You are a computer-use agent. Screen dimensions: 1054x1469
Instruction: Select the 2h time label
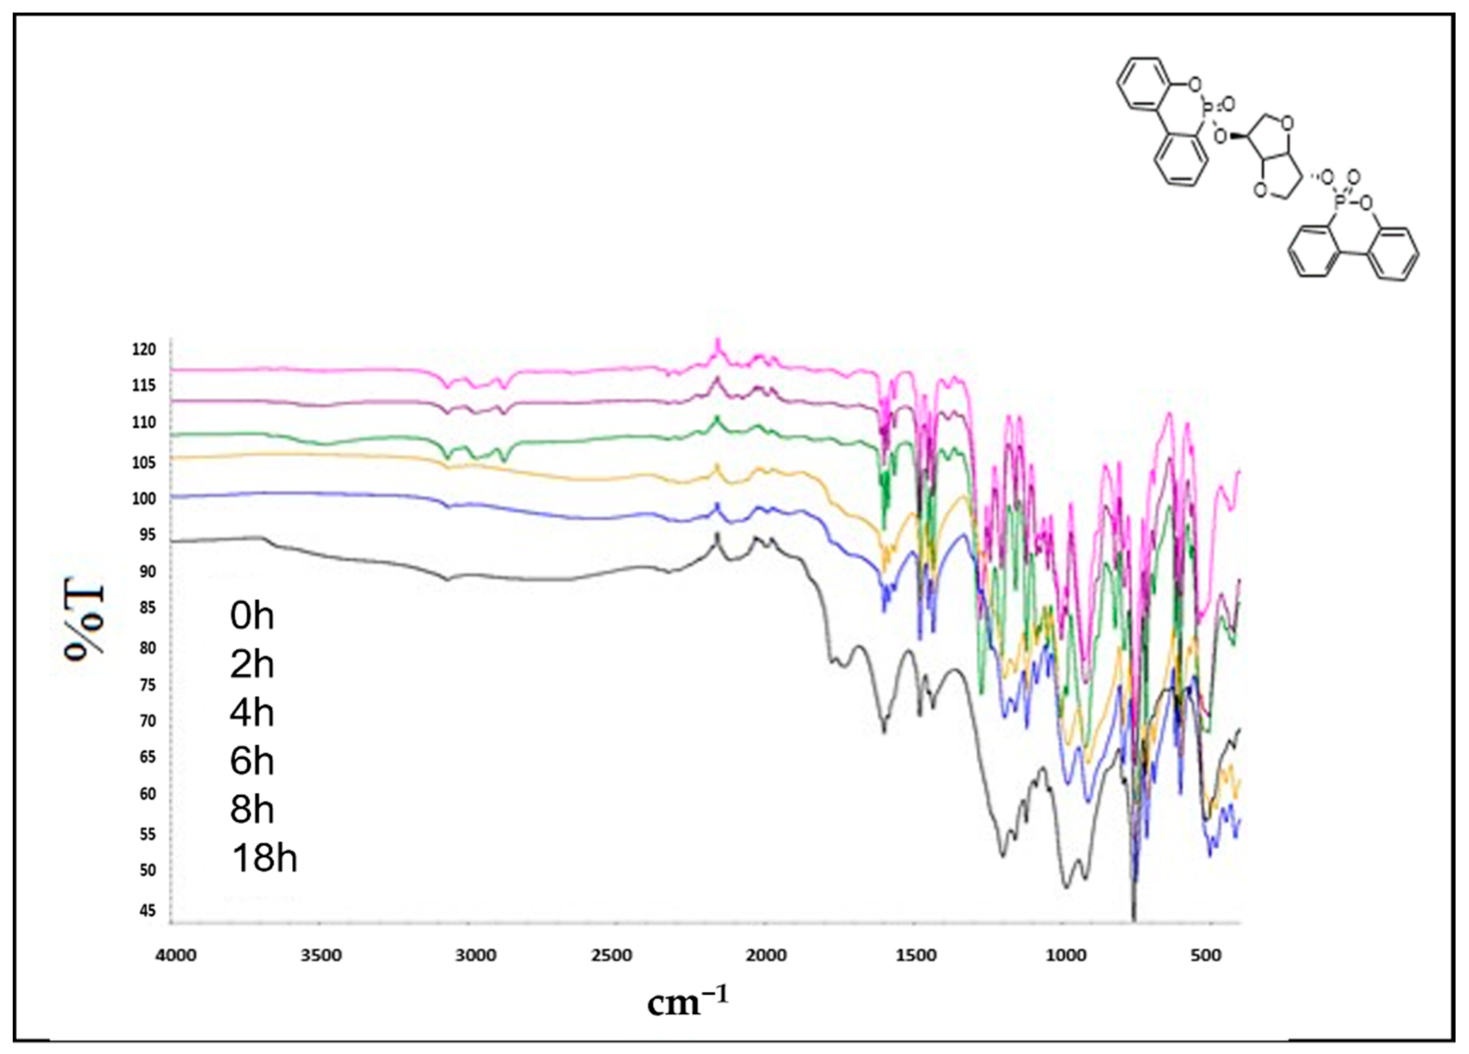point(252,664)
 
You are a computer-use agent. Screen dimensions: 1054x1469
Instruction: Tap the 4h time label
point(252,713)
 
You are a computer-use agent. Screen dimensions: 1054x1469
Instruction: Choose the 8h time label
point(252,809)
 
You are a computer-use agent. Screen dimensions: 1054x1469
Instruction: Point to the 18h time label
point(264,859)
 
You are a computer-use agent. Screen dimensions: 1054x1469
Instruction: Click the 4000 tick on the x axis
point(176,956)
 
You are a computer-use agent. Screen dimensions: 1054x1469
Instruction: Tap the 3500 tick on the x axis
point(321,956)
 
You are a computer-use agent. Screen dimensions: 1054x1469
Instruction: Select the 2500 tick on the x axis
point(612,956)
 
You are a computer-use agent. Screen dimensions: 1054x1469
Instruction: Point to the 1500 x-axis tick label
point(917,956)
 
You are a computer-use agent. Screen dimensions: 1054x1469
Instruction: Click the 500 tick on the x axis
point(1206,956)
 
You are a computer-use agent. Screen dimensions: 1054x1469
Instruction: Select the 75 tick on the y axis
point(147,685)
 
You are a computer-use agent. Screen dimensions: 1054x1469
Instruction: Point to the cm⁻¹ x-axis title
point(687,1002)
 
